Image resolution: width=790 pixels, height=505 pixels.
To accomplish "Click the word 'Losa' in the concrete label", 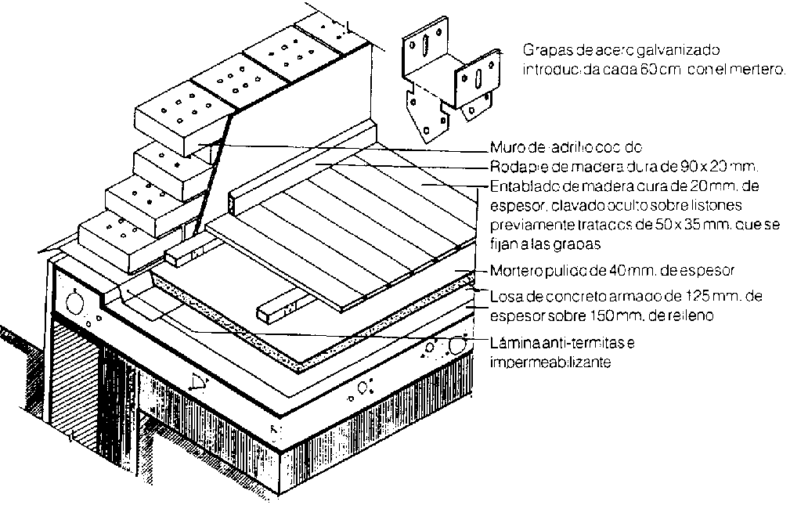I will tap(501, 298).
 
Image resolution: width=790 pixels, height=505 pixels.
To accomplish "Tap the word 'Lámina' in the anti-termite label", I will tap(510, 345).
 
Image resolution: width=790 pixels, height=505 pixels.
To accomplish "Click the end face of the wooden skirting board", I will tap(233, 202).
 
